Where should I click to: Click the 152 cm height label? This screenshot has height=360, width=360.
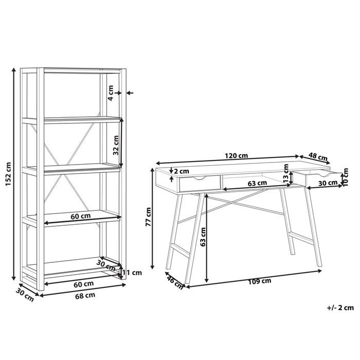coord(8,174)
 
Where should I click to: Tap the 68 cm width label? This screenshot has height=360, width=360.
coord(85,296)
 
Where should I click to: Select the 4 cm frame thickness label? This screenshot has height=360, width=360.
coord(111,93)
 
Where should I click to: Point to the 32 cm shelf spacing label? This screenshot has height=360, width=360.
coord(116,145)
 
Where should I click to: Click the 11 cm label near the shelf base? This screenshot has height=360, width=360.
coord(132,273)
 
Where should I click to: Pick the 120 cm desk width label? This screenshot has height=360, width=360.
coord(236,156)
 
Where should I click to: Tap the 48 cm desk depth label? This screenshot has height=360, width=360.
coord(317,156)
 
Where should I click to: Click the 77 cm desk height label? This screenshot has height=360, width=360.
coord(148,217)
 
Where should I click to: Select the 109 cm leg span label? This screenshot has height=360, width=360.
coord(259,281)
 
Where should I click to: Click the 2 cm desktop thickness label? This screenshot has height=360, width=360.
coord(182,171)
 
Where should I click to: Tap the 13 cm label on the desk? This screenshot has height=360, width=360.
coord(286,173)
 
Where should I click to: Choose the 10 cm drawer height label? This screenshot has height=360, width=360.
coord(346,177)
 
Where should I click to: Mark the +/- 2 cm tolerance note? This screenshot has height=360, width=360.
coord(340,308)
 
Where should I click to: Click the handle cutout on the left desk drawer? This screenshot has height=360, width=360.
coord(200,177)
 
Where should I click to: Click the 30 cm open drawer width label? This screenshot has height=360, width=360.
coord(328,183)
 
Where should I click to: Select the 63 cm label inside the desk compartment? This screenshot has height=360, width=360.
coord(257,183)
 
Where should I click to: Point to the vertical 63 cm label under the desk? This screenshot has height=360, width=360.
coord(203,237)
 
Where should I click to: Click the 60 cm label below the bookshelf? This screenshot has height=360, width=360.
coord(83,284)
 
